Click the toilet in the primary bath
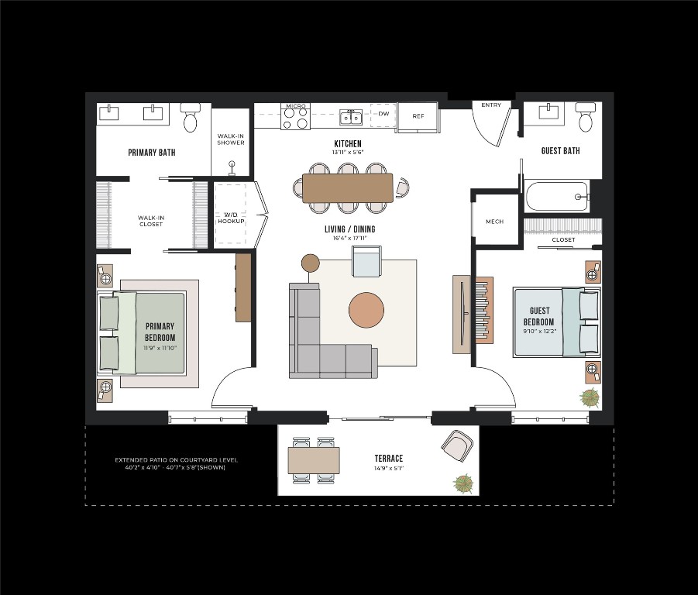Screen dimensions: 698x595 click(191, 118)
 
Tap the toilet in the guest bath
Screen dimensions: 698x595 click(586, 116)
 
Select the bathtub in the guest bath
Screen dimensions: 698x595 click(558, 196)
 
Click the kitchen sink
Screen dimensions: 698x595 click(350, 117)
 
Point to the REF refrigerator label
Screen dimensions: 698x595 click(418, 116)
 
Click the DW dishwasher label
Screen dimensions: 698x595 click(383, 113)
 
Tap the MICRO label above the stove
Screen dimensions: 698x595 click(296, 106)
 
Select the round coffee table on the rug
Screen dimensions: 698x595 click(366, 310)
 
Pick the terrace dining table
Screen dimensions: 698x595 click(314, 460)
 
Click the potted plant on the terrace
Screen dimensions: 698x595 click(463, 484)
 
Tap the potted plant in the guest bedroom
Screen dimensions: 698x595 click(590, 397)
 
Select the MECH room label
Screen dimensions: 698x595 click(494, 221)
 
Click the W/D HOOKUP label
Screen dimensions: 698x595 click(231, 218)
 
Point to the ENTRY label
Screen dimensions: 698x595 click(491, 105)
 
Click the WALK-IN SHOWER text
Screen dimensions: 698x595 click(231, 139)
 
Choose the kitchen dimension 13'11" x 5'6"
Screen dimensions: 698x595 click(348, 152)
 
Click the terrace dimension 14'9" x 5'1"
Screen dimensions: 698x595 click(389, 468)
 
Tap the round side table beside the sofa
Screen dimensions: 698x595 click(311, 263)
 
